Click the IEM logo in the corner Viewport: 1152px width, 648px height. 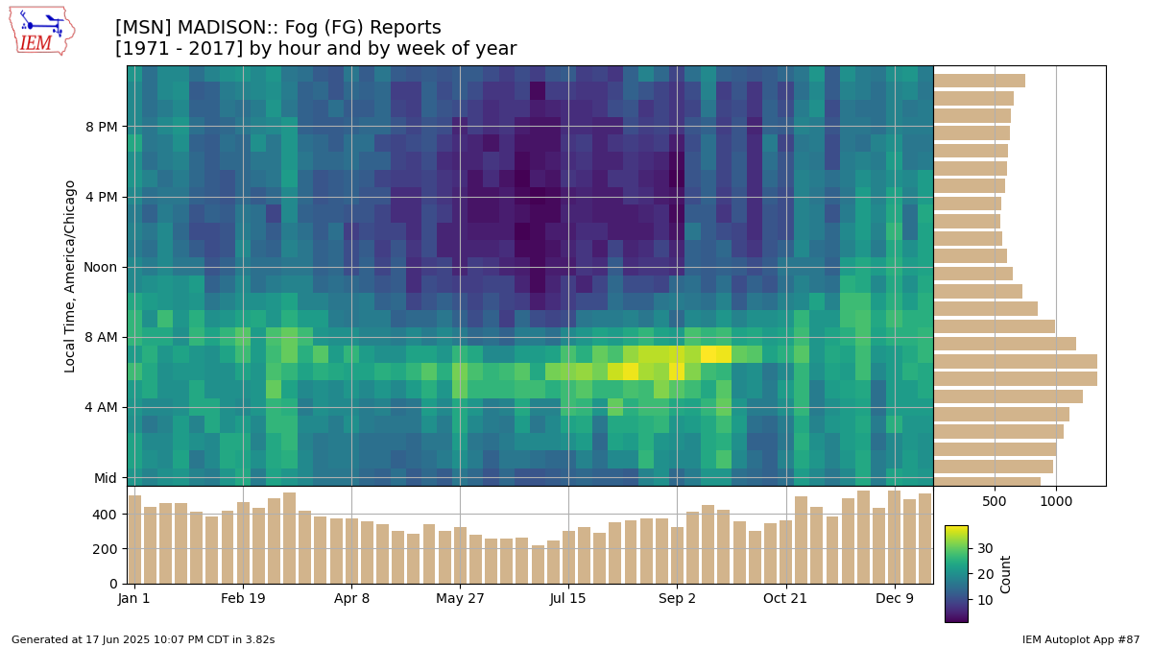pyautogui.click(x=42, y=32)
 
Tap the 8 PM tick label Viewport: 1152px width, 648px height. pyautogui.click(x=102, y=127)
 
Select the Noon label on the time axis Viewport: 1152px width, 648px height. pyautogui.click(x=100, y=268)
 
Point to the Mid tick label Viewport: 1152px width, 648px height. pyautogui.click(x=106, y=478)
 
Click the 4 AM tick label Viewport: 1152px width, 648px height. pyautogui.click(x=102, y=408)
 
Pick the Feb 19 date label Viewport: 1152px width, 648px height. pyautogui.click(x=243, y=599)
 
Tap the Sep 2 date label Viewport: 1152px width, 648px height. pyautogui.click(x=677, y=599)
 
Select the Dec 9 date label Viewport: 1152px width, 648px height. pyautogui.click(x=895, y=599)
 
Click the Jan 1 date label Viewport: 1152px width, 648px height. pyautogui.click(x=133, y=599)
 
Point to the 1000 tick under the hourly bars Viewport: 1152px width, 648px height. pyautogui.click(x=1056, y=501)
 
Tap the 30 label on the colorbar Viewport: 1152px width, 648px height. pyautogui.click(x=985, y=549)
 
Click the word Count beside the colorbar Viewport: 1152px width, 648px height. pyautogui.click(x=1005, y=574)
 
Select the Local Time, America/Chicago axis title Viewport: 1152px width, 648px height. pyautogui.click(x=69, y=276)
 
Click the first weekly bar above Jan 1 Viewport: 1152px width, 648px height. pyautogui.click(x=134, y=540)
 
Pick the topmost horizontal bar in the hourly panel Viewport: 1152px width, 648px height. pyautogui.click(x=979, y=81)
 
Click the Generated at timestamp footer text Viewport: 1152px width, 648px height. pyautogui.click(x=143, y=639)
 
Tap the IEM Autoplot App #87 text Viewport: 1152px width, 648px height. pyautogui.click(x=1081, y=639)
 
